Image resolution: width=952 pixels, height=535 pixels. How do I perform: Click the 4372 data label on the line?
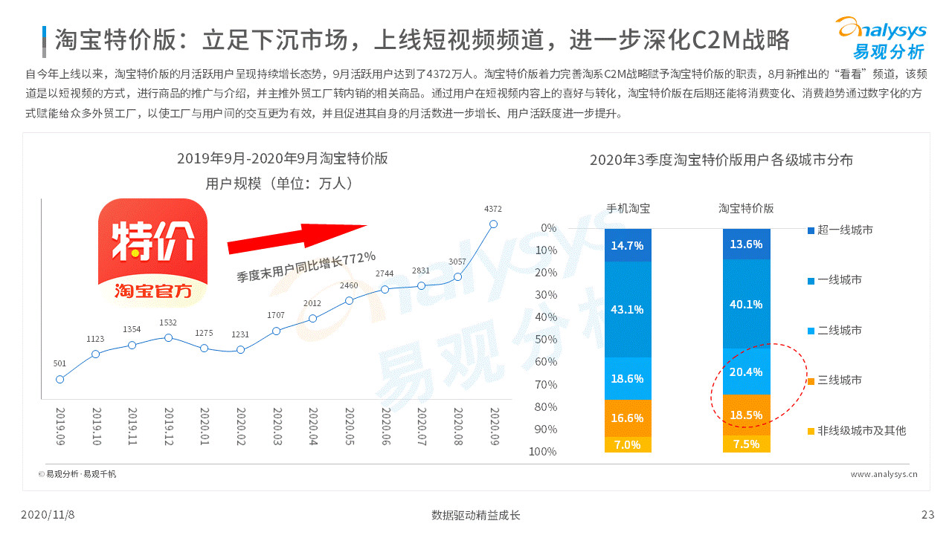click(x=493, y=209)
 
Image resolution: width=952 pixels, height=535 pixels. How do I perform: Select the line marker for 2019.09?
click(x=60, y=379)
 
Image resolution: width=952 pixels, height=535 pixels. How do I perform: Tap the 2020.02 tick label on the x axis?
click(x=241, y=425)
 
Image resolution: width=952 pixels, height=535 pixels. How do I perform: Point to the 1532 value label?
click(x=168, y=322)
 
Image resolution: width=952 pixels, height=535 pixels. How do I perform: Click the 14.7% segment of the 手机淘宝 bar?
click(x=627, y=245)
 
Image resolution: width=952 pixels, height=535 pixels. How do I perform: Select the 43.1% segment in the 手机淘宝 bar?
click(x=627, y=309)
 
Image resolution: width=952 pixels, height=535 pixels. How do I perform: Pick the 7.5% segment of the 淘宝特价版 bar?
click(x=746, y=444)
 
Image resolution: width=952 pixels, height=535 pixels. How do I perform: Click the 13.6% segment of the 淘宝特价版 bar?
click(x=746, y=244)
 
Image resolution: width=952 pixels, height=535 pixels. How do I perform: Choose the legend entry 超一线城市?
click(x=844, y=230)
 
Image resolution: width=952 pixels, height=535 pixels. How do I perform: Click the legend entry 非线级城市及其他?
click(x=861, y=430)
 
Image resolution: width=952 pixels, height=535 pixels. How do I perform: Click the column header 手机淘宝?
click(x=627, y=209)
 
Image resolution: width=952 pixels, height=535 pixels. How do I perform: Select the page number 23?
click(x=927, y=515)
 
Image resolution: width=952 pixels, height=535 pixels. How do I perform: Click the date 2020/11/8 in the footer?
click(x=48, y=515)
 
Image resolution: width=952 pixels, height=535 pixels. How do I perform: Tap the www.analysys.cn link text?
click(x=884, y=473)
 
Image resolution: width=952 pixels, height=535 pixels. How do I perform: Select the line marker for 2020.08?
click(x=457, y=276)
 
